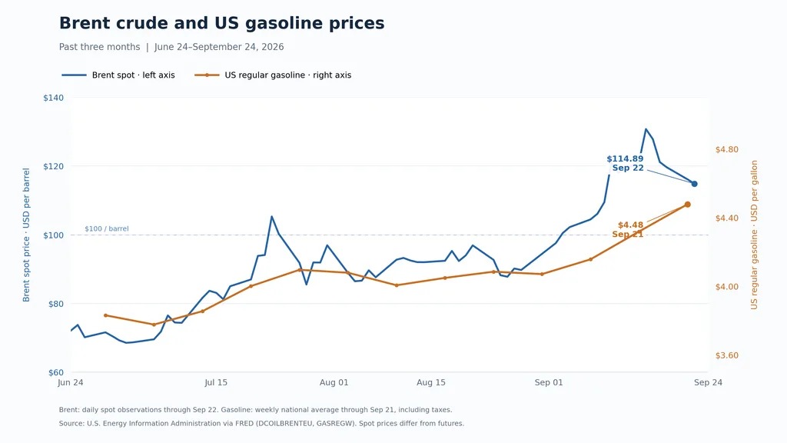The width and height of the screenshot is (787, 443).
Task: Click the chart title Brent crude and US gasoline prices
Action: point(222,23)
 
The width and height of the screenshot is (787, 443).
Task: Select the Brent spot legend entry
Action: point(118,75)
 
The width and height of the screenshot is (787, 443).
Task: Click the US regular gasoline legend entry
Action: point(273,75)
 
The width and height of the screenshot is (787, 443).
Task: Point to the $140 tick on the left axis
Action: point(53,98)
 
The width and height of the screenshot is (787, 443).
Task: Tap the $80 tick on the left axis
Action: point(55,304)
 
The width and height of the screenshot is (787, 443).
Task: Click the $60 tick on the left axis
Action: point(55,373)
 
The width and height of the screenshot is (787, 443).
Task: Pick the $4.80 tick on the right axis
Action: point(727,150)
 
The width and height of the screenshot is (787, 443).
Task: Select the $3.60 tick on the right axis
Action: point(727,355)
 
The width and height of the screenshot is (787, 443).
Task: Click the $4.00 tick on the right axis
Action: point(727,287)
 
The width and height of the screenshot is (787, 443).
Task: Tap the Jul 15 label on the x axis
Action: point(216,383)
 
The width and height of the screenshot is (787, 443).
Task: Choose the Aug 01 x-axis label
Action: point(334,383)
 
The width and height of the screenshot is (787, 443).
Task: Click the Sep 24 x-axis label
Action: point(708,383)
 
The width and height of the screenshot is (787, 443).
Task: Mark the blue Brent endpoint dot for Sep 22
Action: point(694,184)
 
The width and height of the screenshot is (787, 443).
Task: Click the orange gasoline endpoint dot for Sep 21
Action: point(688,205)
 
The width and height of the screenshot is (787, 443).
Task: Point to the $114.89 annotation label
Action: point(625,159)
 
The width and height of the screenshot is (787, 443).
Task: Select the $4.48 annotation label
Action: point(630,225)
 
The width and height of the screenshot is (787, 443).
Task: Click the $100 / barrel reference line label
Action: point(106,229)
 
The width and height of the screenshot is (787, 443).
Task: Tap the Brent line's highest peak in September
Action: point(646,129)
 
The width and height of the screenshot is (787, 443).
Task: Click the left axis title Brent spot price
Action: point(26,235)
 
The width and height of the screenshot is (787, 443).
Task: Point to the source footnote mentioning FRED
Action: point(261,424)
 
